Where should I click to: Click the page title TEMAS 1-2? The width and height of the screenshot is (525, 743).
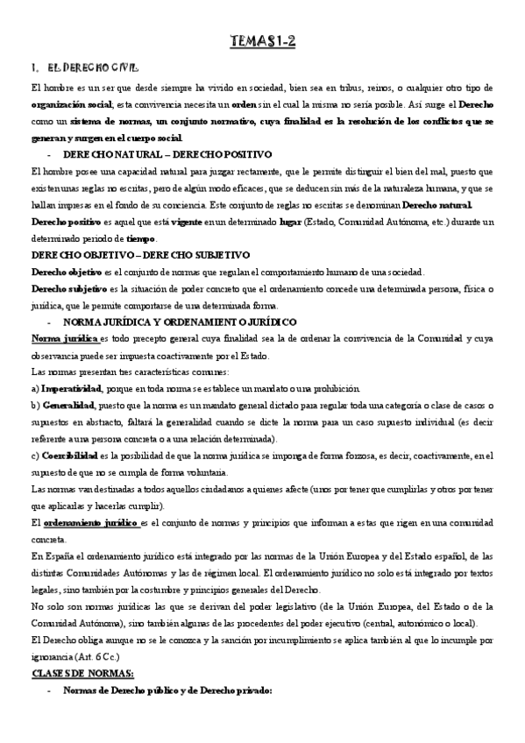262,41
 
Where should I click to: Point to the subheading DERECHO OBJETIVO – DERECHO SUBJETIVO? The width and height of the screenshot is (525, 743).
128,255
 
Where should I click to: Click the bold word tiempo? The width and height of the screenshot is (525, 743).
141,238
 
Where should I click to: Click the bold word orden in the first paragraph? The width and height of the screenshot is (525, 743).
243,103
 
